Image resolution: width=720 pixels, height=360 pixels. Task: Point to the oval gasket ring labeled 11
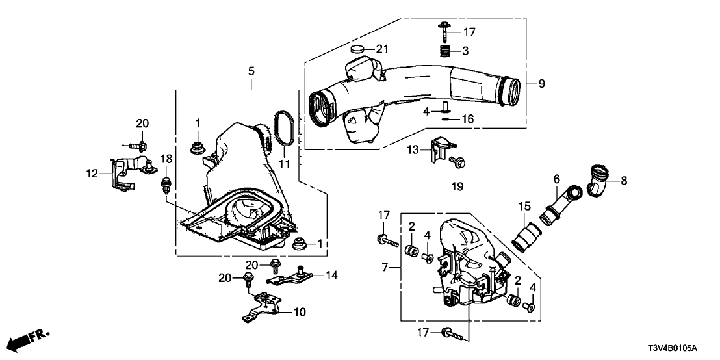285,125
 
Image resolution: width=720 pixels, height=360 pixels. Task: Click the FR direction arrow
29,339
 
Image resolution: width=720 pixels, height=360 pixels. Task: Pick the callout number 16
467,118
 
